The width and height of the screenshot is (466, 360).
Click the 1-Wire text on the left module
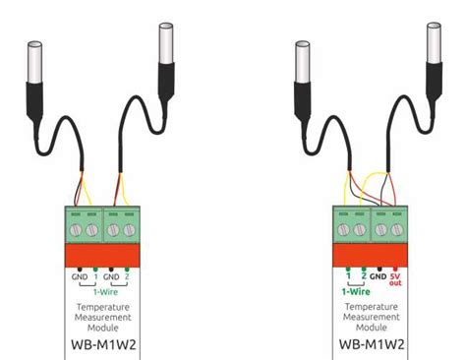[107, 292]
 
